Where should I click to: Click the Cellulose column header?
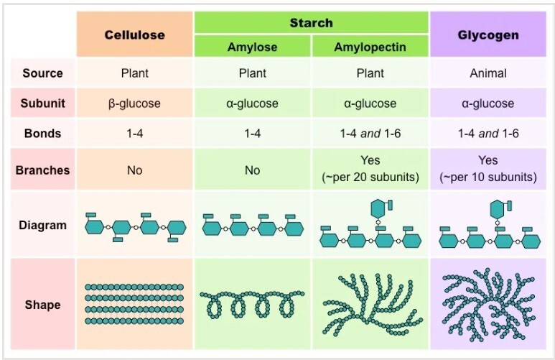coord(134,34)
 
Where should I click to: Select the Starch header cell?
coord(311,22)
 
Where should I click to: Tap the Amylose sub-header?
coord(252,47)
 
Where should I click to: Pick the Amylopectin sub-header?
coord(370,47)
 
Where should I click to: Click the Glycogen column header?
coord(488,34)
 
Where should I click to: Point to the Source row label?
coord(42,73)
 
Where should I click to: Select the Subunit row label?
coord(42,103)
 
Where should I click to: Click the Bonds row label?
coord(42,133)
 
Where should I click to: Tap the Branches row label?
coord(42,170)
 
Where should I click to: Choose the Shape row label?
coord(42,305)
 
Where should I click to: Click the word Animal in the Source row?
coord(488,73)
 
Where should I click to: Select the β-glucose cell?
coord(134,103)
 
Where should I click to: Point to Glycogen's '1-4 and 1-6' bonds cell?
coord(488,133)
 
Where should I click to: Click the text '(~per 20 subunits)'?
coord(370,177)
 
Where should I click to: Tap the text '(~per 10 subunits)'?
coord(488,177)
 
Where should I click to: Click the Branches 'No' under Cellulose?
coord(134,170)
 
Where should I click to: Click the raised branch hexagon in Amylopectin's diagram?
coord(378,209)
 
